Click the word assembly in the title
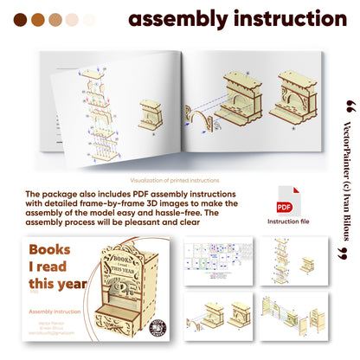176,19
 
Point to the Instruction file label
284,222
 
